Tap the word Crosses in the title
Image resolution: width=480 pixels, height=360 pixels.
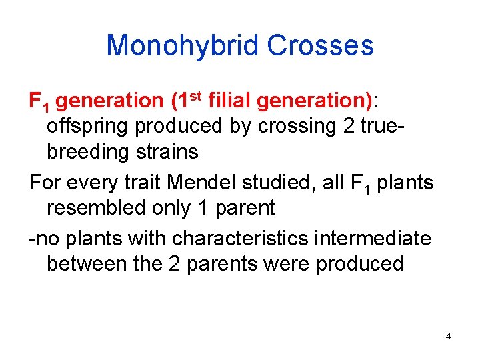320,46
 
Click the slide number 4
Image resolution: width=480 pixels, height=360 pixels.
448,336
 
